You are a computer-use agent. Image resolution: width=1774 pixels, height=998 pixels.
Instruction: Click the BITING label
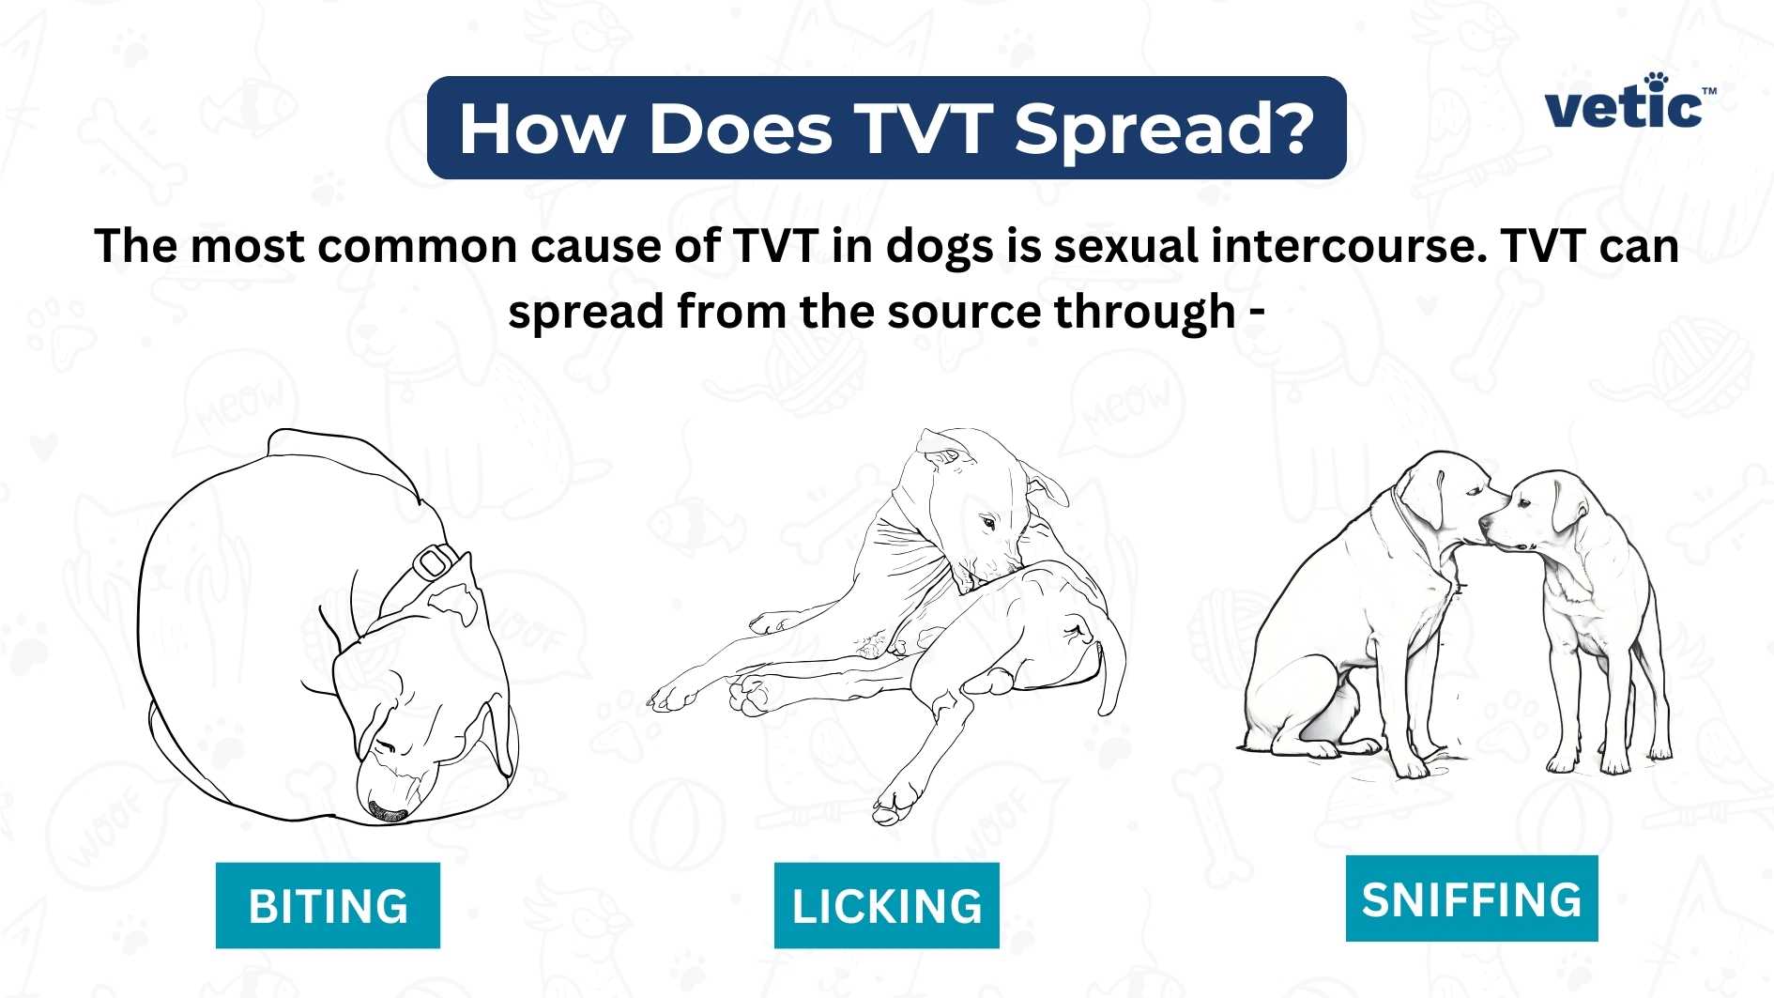(x=328, y=905)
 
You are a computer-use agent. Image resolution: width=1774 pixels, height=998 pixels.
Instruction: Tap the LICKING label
(x=886, y=905)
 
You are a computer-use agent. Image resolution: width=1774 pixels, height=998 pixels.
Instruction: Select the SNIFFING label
(x=1471, y=898)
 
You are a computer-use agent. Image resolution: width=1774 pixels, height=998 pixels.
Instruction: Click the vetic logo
(x=1628, y=103)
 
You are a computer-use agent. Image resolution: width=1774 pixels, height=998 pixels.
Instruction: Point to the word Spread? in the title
(x=1164, y=129)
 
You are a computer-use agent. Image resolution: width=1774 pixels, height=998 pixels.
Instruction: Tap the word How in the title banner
(x=541, y=129)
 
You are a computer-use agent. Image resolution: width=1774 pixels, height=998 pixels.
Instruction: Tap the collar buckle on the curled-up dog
(x=433, y=561)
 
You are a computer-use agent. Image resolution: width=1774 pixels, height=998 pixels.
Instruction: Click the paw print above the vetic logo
(x=1657, y=80)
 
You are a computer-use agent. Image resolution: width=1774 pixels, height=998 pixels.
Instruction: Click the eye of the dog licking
(x=987, y=521)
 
